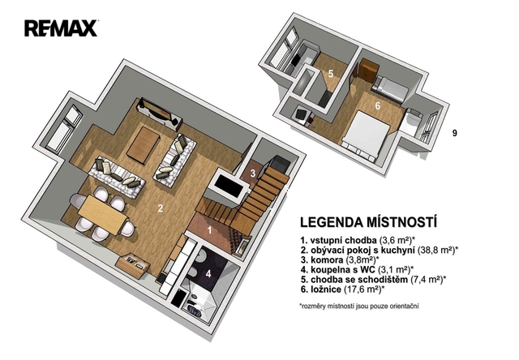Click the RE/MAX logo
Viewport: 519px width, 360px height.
pos(61,28)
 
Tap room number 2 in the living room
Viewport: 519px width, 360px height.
pos(161,208)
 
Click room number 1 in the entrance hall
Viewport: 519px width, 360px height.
pos(209,230)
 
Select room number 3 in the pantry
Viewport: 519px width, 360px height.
pos(253,173)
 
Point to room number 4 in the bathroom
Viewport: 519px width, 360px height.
pos(208,273)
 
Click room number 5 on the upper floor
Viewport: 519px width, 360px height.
pos(331,74)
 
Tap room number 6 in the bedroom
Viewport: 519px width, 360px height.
pos(378,106)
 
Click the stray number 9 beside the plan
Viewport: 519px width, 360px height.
pos(455,133)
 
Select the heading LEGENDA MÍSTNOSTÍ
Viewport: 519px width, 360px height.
pos(368,222)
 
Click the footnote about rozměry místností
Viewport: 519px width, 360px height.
pos(359,306)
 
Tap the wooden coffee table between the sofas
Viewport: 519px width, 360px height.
pos(144,145)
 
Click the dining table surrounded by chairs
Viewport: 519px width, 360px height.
pos(103,214)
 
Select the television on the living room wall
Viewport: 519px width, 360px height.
pos(159,112)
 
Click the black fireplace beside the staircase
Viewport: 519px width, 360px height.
pos(229,187)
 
